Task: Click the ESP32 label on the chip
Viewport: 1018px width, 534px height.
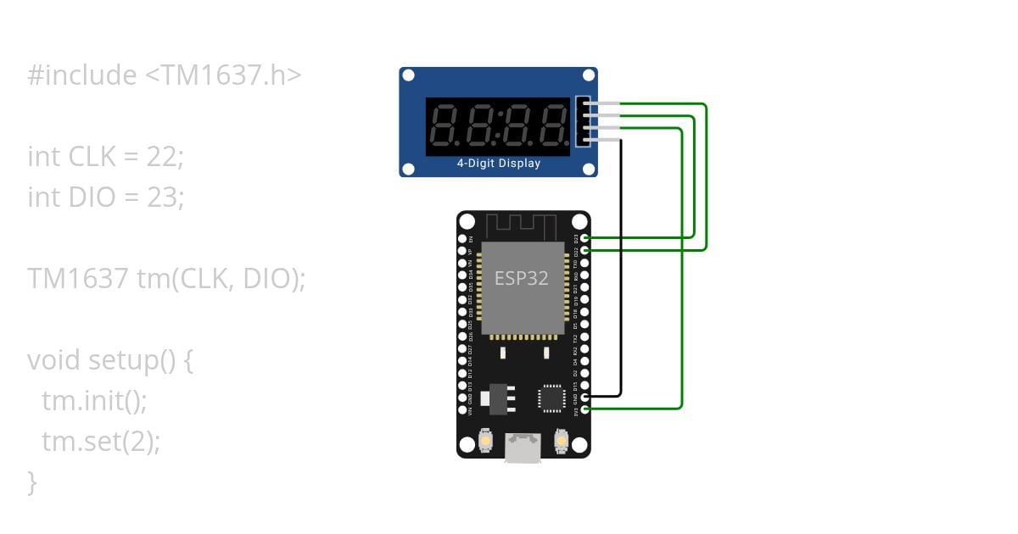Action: pos(522,278)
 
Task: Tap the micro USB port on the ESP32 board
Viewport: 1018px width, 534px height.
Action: pos(523,448)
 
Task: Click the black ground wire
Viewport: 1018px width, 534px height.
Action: pos(621,271)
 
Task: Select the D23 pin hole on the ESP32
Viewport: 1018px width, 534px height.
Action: pos(585,238)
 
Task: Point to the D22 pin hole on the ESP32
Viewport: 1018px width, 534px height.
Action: pos(585,250)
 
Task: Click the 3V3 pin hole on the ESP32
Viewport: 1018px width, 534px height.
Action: pos(585,409)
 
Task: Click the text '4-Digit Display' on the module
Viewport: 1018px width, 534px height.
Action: pos(499,164)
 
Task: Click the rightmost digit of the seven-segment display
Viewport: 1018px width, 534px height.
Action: pos(554,126)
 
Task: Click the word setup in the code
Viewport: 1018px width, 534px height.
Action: pos(122,360)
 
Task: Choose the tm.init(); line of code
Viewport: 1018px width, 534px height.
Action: pos(94,400)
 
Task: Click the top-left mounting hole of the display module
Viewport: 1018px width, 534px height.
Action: pos(408,76)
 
